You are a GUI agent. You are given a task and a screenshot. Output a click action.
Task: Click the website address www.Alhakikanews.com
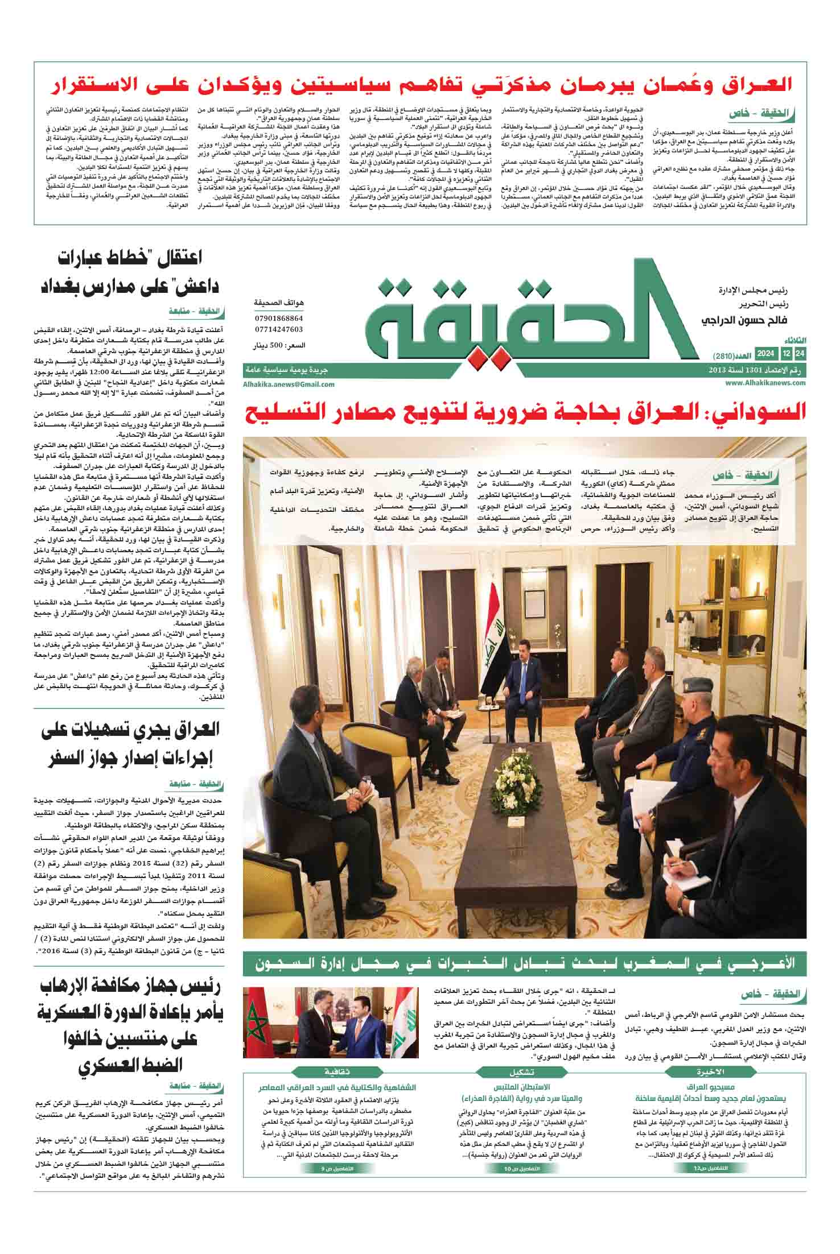765,383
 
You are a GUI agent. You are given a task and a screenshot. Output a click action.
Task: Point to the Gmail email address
289,384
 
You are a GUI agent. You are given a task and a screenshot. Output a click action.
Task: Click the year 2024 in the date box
765,355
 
